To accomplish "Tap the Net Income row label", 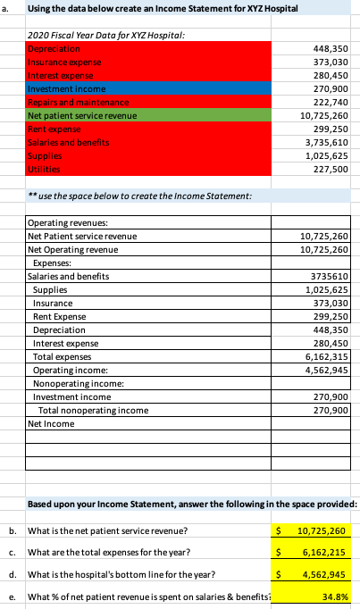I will click(x=52, y=423).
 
